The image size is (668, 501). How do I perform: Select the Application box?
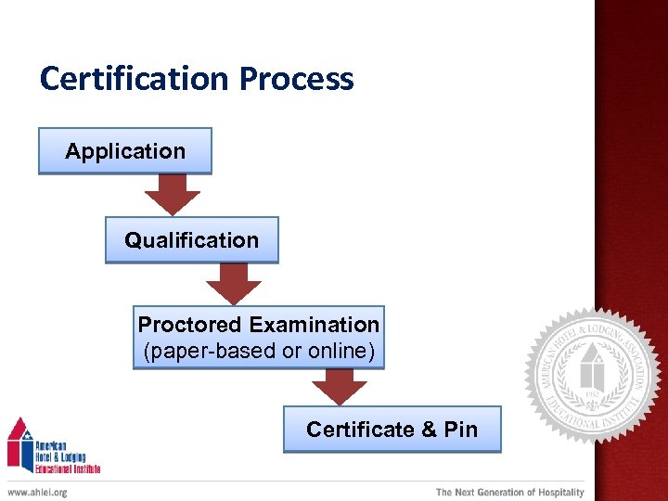click(x=125, y=151)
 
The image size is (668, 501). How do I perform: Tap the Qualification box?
click(x=191, y=240)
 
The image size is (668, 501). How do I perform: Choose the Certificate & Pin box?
click(x=392, y=430)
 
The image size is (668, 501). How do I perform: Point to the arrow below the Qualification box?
click(x=234, y=284)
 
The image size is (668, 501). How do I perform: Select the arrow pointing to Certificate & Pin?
click(x=340, y=387)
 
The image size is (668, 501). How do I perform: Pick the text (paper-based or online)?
click(x=259, y=351)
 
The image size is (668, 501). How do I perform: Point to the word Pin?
click(x=460, y=430)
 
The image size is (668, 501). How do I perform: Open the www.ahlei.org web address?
click(x=38, y=492)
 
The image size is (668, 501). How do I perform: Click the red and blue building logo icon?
click(x=20, y=443)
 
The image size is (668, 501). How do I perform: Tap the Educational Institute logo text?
click(x=67, y=467)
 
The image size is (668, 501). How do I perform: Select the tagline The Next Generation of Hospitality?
click(x=510, y=492)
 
